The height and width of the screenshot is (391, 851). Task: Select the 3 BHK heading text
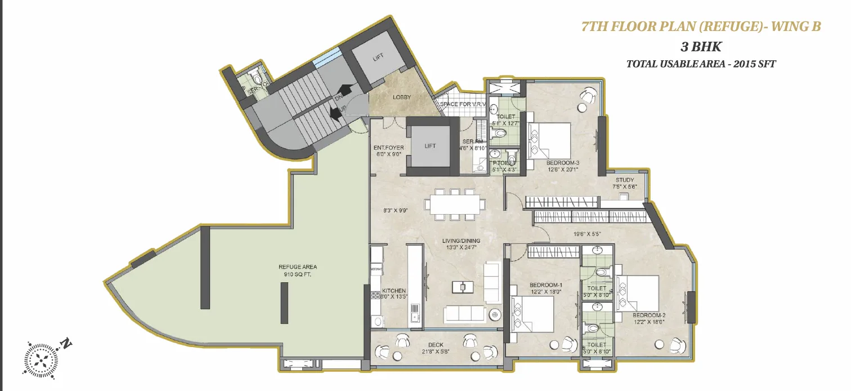[701, 46]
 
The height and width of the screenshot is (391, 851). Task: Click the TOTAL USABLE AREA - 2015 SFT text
[701, 64]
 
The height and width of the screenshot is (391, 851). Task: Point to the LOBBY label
[402, 97]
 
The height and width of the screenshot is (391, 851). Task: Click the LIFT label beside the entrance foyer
[430, 146]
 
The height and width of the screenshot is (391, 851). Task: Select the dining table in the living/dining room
[455, 205]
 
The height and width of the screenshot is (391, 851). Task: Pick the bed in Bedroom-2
[638, 294]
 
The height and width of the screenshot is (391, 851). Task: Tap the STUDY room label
[624, 181]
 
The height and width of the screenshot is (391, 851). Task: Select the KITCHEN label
[393, 291]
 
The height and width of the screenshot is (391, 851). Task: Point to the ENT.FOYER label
[389, 148]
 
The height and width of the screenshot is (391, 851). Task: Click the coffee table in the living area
[463, 287]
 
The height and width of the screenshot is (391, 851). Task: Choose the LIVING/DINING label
[461, 241]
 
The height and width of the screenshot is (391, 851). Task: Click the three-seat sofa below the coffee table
[464, 314]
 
